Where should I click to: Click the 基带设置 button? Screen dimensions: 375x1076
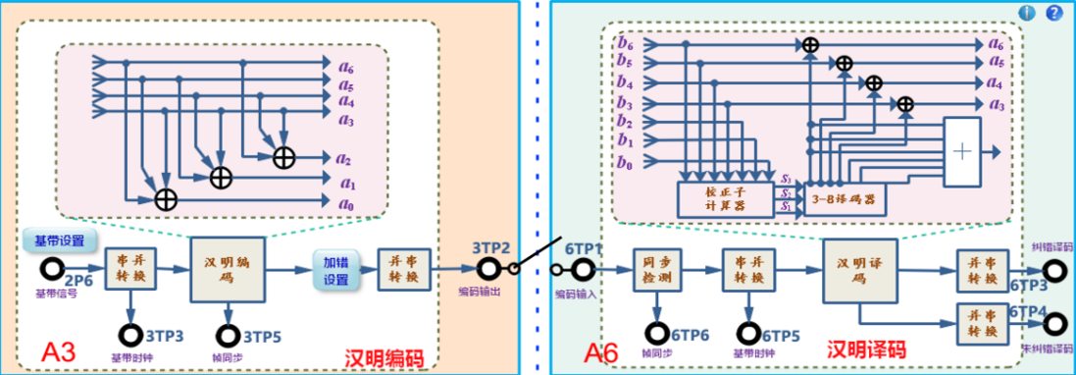pos(59,241)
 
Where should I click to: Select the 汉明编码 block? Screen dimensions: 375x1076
pos(229,269)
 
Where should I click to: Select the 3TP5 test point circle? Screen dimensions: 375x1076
pos(229,336)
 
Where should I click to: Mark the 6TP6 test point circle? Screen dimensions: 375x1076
pos(656,336)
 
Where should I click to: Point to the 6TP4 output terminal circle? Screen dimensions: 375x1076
pos(1054,325)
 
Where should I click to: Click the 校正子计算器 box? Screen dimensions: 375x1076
pos(727,199)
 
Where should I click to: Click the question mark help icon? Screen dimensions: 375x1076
pos(1053,13)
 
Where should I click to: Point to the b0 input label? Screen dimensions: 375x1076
pos(625,164)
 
